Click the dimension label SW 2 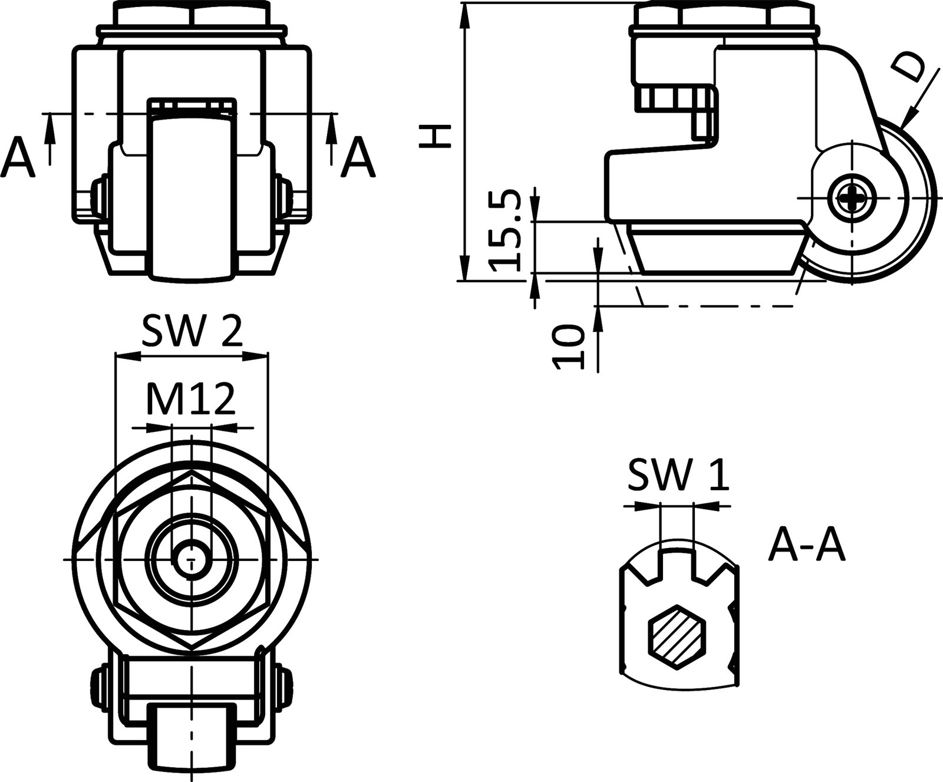(x=192, y=333)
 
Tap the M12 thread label (x=190, y=401)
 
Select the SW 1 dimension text (x=678, y=476)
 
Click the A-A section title (x=807, y=547)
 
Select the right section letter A (x=358, y=158)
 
